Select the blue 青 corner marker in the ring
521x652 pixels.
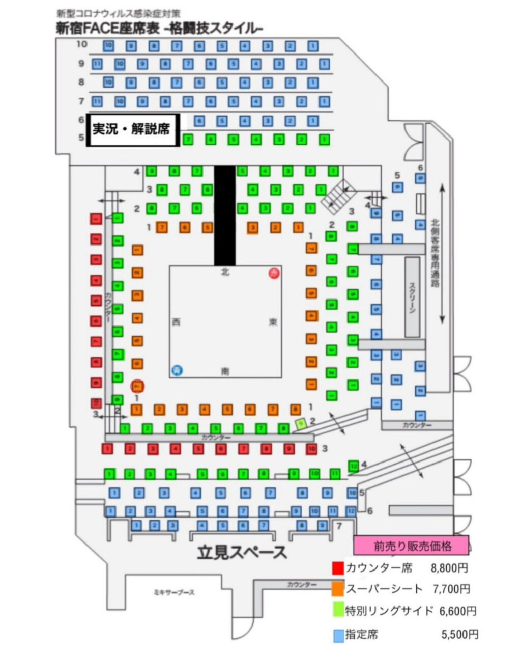pyautogui.click(x=176, y=370)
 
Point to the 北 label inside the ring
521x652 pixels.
pyautogui.click(x=225, y=272)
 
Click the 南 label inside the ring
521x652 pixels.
pyautogui.click(x=225, y=371)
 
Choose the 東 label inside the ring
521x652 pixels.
pyautogui.click(x=274, y=322)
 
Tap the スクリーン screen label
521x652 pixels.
pyautogui.click(x=412, y=296)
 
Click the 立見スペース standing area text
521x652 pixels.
pyautogui.click(x=242, y=552)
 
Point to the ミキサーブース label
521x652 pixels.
pyautogui.click(x=175, y=592)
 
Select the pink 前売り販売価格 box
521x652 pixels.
pyautogui.click(x=411, y=546)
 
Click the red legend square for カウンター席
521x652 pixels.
pyautogui.click(x=338, y=568)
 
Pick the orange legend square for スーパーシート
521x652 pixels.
pyautogui.click(x=338, y=589)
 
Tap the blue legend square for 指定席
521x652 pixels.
pyautogui.click(x=338, y=635)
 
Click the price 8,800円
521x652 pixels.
pyautogui.click(x=449, y=568)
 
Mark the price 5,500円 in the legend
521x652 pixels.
pyautogui.click(x=460, y=635)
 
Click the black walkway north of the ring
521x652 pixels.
pyautogui.click(x=225, y=214)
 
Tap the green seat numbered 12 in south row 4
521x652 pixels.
pyautogui.click(x=354, y=465)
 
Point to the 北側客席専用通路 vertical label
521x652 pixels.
pyautogui.click(x=435, y=253)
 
